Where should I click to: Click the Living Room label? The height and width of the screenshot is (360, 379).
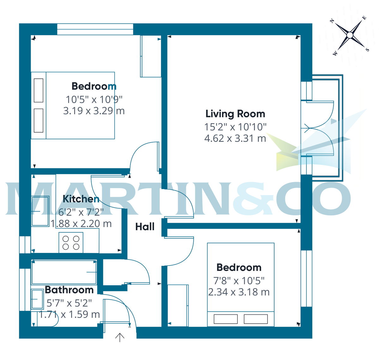coord(235,114)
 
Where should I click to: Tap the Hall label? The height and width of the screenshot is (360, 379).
coord(145,227)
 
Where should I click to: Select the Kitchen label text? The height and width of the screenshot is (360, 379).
coord(81,199)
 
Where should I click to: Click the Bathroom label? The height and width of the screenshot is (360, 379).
coord(69,290)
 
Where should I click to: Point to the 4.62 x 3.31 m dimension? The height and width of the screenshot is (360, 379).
coord(235,138)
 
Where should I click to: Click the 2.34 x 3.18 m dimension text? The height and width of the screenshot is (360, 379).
coord(239,292)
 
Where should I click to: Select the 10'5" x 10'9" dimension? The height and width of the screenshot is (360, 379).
coord(94,100)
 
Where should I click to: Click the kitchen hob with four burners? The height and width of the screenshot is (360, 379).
coord(71,243)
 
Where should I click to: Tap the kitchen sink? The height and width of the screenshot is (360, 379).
coord(40,211)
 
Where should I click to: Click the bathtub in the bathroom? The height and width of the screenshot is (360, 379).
coord(64,272)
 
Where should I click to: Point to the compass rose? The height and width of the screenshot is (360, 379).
coord(350,35)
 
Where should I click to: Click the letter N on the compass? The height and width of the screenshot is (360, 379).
coord(332,21)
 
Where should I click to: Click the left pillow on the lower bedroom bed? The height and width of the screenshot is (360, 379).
coord(226,319)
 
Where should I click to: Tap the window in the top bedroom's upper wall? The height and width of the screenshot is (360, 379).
coord(95,29)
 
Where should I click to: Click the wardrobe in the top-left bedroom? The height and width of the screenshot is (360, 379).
coord(151,56)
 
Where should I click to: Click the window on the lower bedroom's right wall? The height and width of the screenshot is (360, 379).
coord(306,278)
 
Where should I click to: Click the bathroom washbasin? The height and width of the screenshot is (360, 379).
coord(37,299)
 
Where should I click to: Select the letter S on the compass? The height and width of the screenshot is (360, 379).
coord(367,50)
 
